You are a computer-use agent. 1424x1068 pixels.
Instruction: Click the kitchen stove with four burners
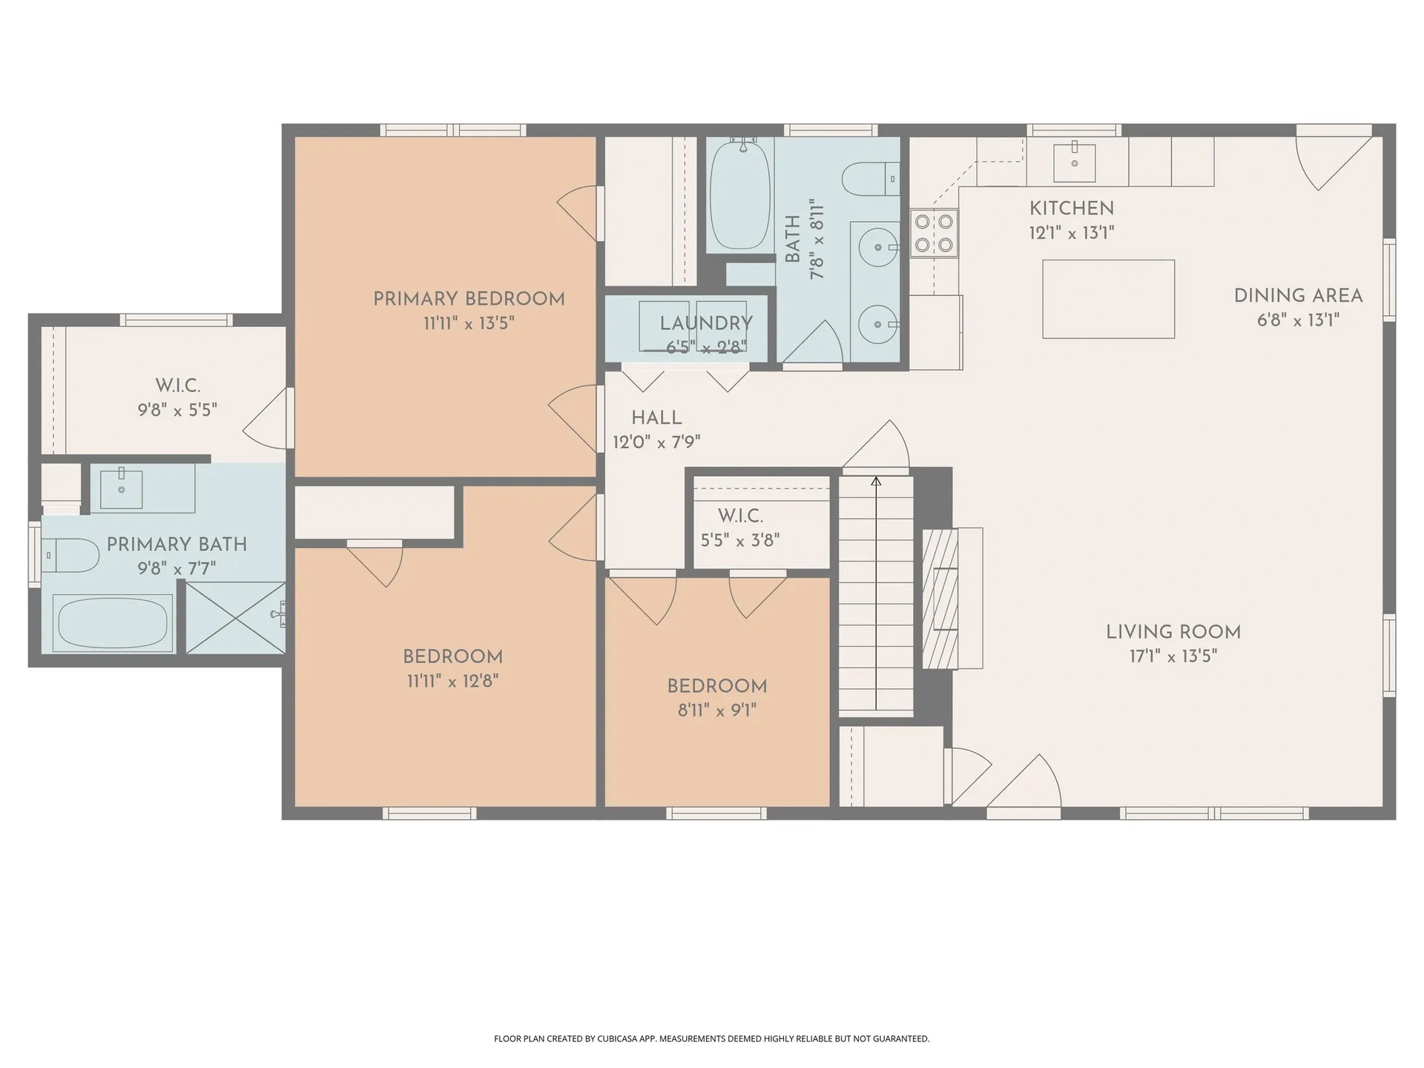[934, 233]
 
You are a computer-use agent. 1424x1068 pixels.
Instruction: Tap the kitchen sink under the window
[1074, 162]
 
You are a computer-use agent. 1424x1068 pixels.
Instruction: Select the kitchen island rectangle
[1108, 299]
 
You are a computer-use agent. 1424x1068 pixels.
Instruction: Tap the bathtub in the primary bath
[113, 623]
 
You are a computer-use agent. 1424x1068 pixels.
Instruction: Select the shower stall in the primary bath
[235, 617]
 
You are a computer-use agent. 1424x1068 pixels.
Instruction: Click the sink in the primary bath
[121, 489]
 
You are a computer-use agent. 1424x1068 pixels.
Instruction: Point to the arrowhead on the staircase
[876, 481]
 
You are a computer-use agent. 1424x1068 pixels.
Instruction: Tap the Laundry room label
[706, 323]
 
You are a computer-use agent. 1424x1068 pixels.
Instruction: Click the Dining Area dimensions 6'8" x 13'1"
[1298, 320]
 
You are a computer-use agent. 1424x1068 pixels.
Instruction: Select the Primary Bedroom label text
[469, 299]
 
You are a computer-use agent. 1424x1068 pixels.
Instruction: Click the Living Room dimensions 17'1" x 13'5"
[1173, 656]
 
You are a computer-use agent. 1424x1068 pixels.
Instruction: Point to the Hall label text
[656, 418]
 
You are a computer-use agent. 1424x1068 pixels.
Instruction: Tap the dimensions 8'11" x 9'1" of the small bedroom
[717, 711]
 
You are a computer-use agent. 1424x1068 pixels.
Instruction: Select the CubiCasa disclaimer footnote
[711, 1039]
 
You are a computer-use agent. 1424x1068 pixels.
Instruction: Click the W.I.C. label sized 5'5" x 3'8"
[740, 515]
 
